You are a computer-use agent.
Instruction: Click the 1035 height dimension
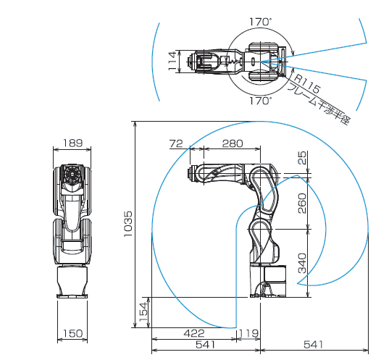pyautogui.click(x=127, y=224)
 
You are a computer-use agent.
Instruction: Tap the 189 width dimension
pyautogui.click(x=73, y=143)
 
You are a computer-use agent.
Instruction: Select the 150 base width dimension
pyautogui.click(x=72, y=333)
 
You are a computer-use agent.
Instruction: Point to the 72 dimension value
pyautogui.click(x=176, y=143)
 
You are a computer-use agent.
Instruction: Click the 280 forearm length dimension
pyautogui.click(x=233, y=143)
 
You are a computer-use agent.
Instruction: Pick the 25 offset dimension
pyautogui.click(x=302, y=158)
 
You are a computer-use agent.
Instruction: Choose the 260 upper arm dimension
pyautogui.click(x=302, y=204)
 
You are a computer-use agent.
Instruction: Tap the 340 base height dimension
pyautogui.click(x=302, y=263)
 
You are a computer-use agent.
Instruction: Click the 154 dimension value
pyautogui.click(x=143, y=311)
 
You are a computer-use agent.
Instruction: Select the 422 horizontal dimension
pyautogui.click(x=194, y=333)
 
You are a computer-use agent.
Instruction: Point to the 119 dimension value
pyautogui.click(x=248, y=333)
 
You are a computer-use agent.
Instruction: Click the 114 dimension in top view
pyautogui.click(x=172, y=61)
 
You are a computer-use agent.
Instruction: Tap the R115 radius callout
pyautogui.click(x=307, y=84)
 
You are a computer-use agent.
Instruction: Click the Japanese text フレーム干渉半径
pyautogui.click(x=319, y=104)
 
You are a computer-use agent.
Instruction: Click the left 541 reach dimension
pyautogui.click(x=206, y=345)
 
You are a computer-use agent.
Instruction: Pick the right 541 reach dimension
pyautogui.click(x=314, y=345)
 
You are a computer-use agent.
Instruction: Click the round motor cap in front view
pyautogui.click(x=72, y=174)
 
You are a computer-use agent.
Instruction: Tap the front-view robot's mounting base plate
pyautogui.click(x=72, y=296)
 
